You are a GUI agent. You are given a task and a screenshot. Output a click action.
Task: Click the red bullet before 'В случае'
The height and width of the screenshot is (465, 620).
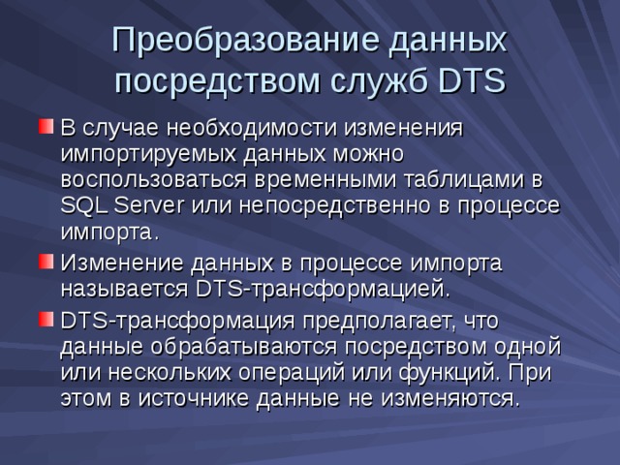pyautogui.click(x=45, y=126)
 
